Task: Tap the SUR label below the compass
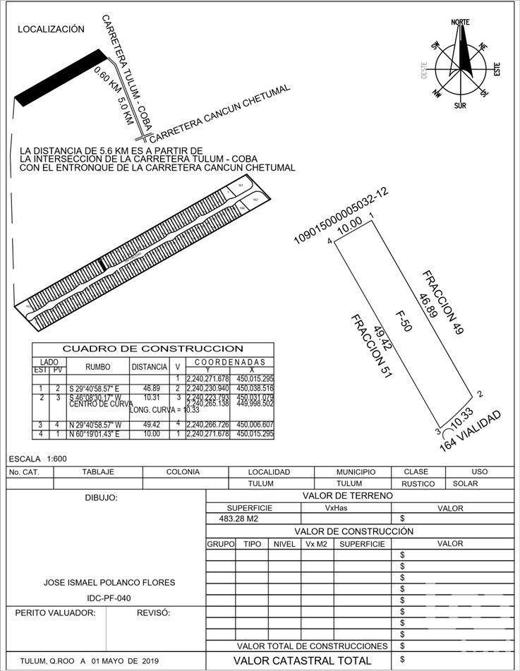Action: pos(459,106)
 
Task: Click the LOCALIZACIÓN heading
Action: pos(51,30)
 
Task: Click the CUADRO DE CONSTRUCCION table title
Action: pos(153,349)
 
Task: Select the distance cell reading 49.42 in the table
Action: pos(150,425)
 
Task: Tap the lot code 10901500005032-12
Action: pos(341,217)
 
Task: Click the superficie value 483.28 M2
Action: pos(240,519)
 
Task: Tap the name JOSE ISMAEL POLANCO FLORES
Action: pos(109,583)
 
